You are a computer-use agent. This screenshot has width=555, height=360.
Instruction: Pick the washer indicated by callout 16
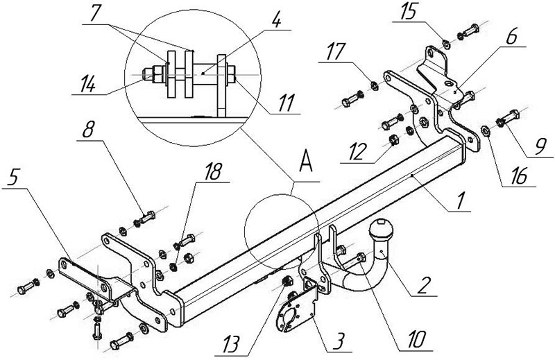point(485,130)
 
